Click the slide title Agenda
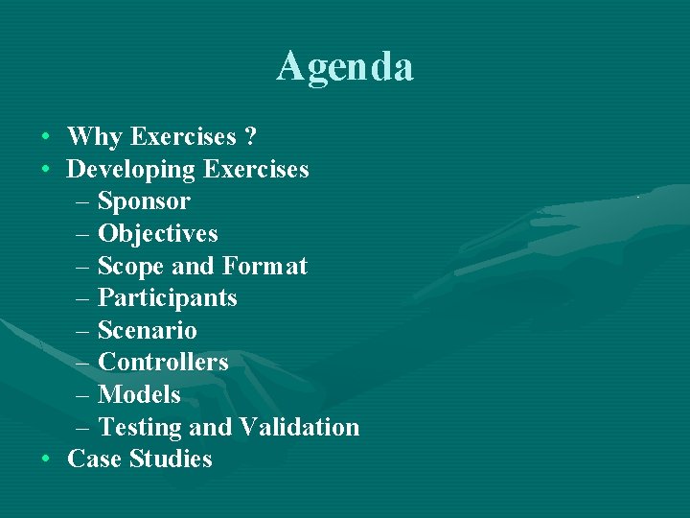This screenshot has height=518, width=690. click(x=345, y=67)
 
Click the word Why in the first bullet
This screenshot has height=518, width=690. click(x=95, y=137)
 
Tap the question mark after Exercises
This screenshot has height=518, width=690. click(x=250, y=137)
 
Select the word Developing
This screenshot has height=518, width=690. click(x=130, y=170)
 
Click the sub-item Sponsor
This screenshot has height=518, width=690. click(x=144, y=202)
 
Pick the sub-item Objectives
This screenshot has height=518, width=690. click(x=158, y=234)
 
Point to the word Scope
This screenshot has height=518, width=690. click(x=131, y=267)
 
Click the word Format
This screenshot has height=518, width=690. click(x=264, y=266)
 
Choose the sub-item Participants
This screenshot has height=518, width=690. click(x=168, y=298)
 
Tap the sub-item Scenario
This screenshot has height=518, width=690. click(x=148, y=331)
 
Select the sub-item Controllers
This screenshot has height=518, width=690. click(x=163, y=363)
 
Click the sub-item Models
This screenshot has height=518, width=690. click(x=139, y=395)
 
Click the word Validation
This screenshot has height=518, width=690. click(x=299, y=427)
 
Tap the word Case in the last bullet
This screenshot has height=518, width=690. click(x=95, y=459)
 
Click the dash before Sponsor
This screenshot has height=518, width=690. click(x=81, y=202)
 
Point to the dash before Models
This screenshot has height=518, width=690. click(x=81, y=395)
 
